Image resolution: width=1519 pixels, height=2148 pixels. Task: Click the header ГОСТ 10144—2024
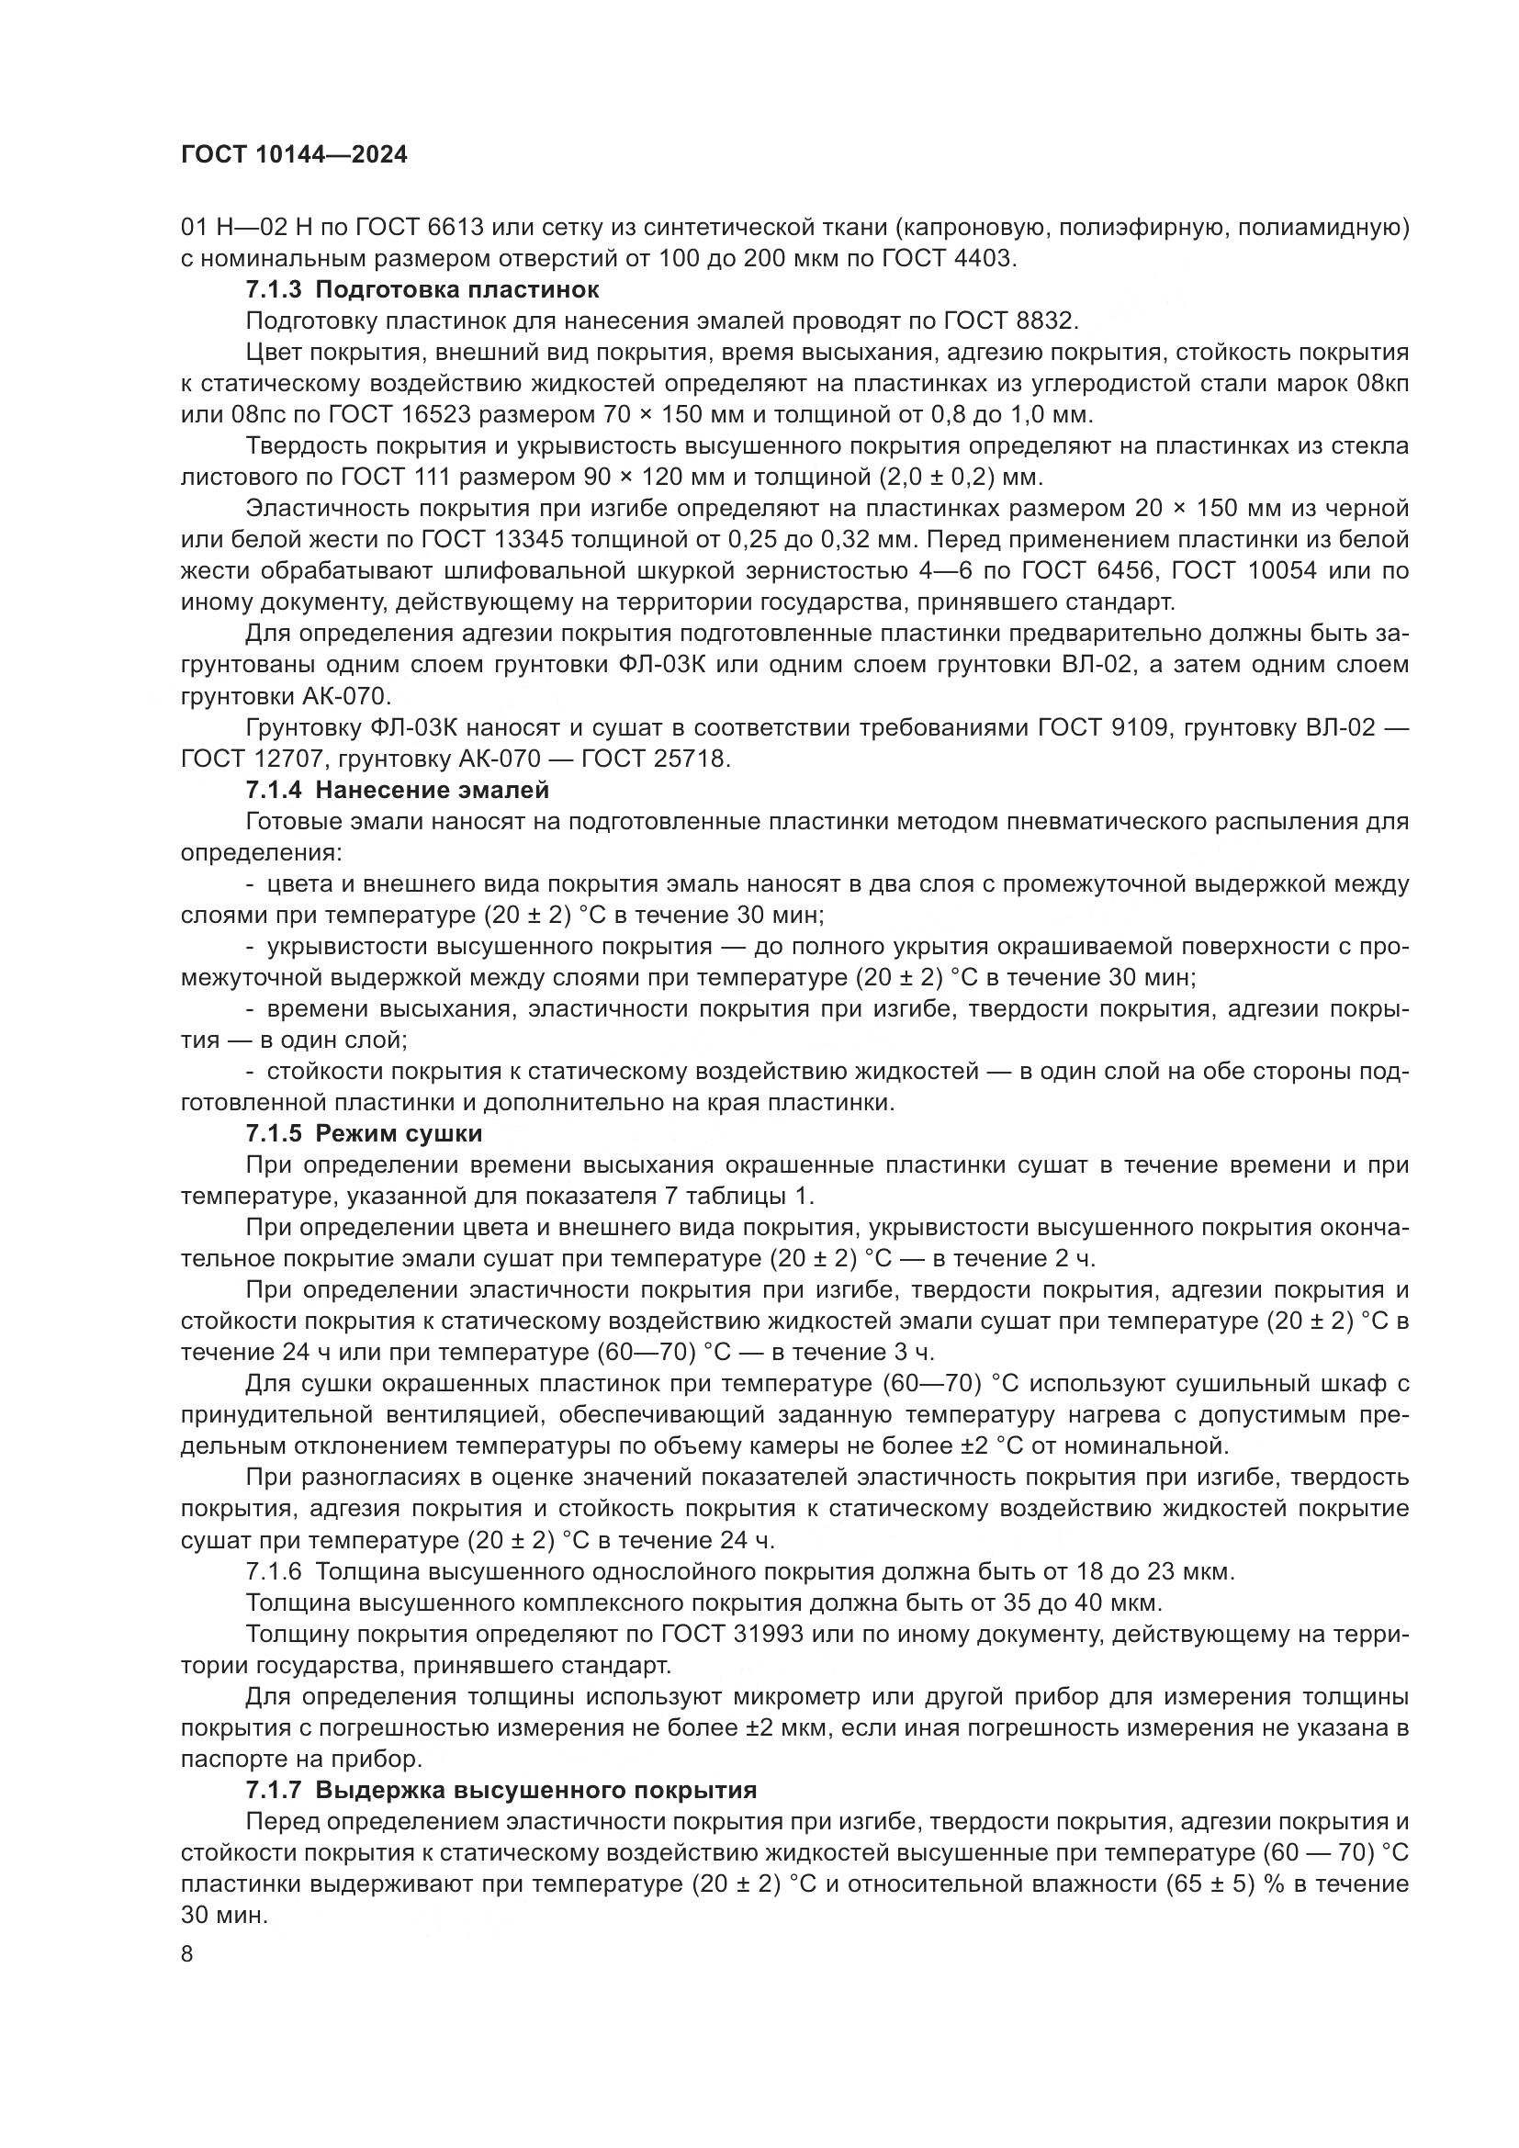click(294, 155)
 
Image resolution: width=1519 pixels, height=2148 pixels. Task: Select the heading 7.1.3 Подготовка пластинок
click(422, 290)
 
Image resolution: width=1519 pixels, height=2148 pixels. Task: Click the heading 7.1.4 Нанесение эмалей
click(397, 790)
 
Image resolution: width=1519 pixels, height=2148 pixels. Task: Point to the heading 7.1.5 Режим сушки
click(364, 1134)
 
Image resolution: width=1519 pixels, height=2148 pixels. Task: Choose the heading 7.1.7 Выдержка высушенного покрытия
click(501, 1791)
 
